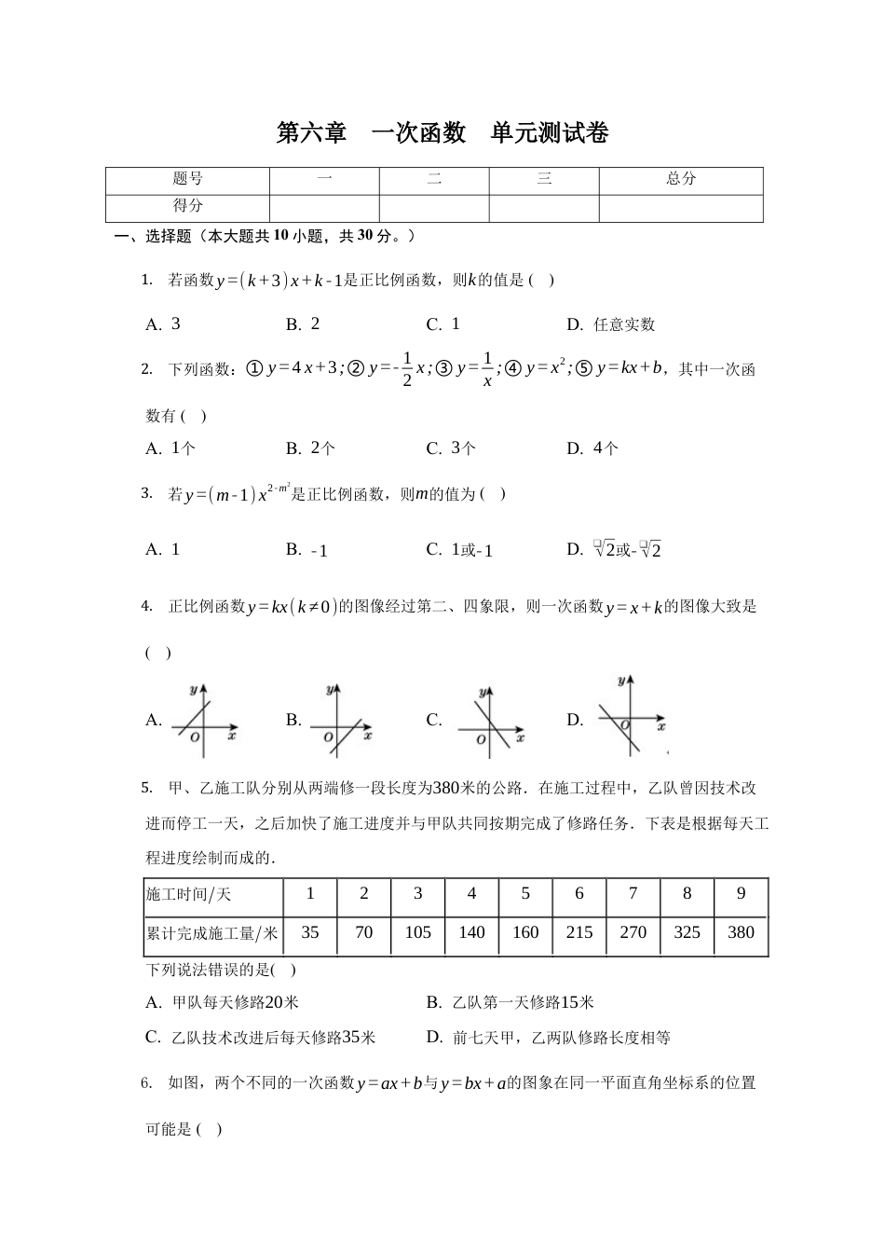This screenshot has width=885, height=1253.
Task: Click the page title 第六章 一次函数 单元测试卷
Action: tap(442, 133)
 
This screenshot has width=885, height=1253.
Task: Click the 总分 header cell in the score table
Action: tap(680, 179)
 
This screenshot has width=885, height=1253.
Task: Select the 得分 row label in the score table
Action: tap(187, 206)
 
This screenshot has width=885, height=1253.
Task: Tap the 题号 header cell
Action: tap(187, 179)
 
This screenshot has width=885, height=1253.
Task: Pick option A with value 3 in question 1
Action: tap(164, 324)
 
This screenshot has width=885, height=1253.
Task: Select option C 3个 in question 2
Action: tap(451, 448)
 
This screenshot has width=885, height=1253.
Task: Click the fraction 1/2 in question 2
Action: tap(406, 370)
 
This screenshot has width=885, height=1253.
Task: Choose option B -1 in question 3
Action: tap(307, 550)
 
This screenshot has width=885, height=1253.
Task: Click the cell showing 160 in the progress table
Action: tap(525, 932)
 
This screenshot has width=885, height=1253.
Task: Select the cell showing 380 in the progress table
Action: tap(741, 932)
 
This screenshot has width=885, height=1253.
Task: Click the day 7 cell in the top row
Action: tap(633, 894)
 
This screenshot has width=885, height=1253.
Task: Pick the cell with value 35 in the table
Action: tap(310, 932)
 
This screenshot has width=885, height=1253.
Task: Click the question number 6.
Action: tap(146, 1083)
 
